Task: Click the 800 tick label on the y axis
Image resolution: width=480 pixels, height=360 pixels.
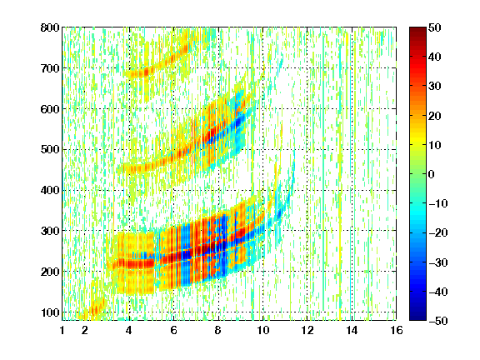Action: [x=50, y=27]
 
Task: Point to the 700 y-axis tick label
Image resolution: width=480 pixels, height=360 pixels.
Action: [x=50, y=68]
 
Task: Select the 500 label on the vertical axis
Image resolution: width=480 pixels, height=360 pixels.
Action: [x=50, y=150]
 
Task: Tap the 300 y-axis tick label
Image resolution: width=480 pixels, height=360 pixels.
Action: [x=50, y=231]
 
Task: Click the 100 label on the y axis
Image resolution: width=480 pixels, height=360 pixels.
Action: [x=50, y=312]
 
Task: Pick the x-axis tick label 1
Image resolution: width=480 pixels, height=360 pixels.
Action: [x=62, y=330]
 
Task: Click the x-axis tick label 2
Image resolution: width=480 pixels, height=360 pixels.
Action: [x=85, y=330]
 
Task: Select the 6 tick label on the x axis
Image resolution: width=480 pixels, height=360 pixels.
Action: [x=173, y=330]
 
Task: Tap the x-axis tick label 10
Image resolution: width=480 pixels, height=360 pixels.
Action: [x=262, y=330]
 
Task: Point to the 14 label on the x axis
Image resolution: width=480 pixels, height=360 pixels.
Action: [x=352, y=330]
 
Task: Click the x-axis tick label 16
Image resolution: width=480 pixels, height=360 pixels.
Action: [x=397, y=330]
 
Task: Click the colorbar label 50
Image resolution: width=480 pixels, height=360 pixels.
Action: [x=434, y=27]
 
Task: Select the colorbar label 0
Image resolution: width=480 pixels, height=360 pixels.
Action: [x=431, y=174]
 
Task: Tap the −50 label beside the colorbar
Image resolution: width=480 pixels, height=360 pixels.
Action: [x=438, y=321]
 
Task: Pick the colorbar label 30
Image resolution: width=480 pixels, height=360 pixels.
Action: [x=434, y=87]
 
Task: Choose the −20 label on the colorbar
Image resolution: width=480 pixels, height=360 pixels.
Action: [x=438, y=233]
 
